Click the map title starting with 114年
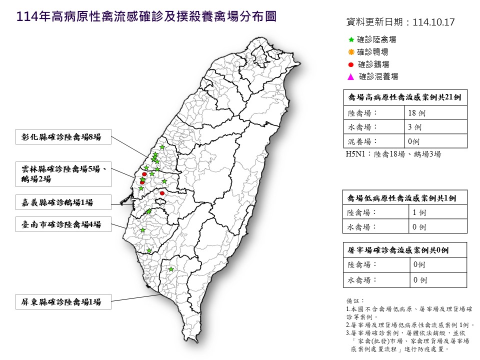[146, 17]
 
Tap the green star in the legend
[351, 39]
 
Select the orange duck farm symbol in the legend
[351, 52]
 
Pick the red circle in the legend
[351, 64]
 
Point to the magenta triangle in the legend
[351, 77]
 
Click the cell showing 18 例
[416, 113]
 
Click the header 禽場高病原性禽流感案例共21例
[404, 98]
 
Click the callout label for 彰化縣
[61, 137]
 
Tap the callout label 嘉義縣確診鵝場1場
[57, 203]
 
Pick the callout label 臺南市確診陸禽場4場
[61, 225]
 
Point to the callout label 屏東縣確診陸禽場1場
[61, 302]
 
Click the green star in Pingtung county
[171, 269]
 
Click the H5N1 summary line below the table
[393, 154]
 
